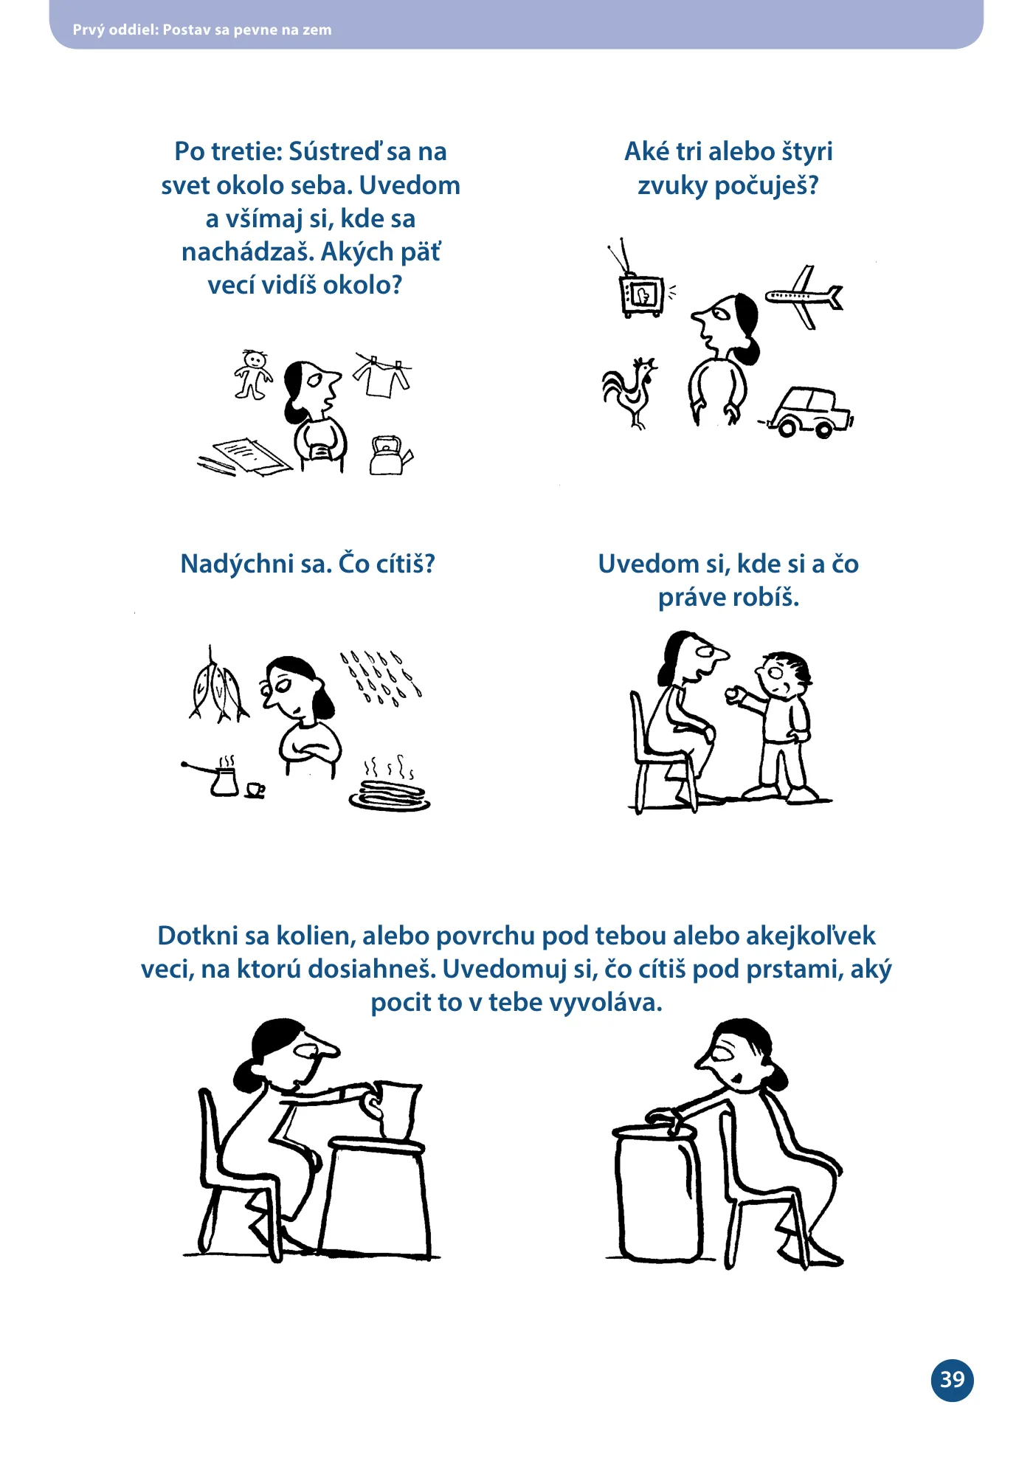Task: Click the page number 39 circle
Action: point(952,1379)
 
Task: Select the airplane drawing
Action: point(804,297)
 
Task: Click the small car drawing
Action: point(808,413)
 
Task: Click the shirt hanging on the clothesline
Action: point(381,375)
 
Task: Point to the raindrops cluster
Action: point(381,677)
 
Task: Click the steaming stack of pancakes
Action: point(390,784)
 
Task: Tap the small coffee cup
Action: point(255,790)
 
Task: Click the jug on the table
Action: point(395,1111)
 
